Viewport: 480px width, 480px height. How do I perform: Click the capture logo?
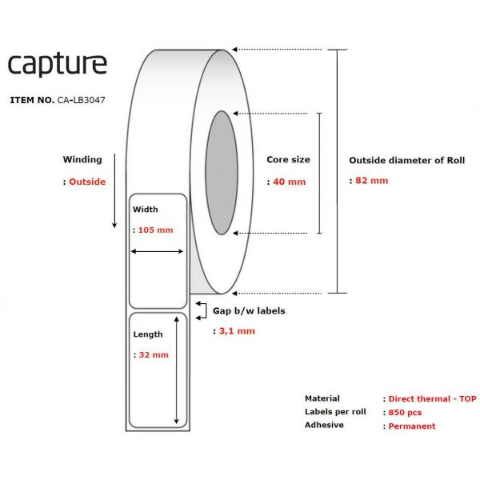pos(58,65)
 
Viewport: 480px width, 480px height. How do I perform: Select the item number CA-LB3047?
pos(81,100)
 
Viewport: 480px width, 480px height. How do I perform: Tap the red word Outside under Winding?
pos(87,182)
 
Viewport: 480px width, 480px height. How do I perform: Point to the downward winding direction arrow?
pos(114,190)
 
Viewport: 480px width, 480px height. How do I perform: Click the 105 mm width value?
pos(155,230)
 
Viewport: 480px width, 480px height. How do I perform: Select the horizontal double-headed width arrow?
pos(157,251)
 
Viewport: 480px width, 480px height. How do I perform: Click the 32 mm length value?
pos(154,354)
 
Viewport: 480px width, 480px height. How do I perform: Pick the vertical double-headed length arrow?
pos(176,370)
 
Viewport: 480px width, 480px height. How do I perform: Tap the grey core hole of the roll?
pos(222,173)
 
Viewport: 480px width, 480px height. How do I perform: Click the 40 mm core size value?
pos(290,182)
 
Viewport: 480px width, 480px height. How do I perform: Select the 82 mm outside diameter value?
pos(372,181)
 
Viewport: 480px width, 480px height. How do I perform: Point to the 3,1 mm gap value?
pos(237,331)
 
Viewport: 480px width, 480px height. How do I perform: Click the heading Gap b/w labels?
pos(249,310)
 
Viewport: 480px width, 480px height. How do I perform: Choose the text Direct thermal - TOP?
pos(432,399)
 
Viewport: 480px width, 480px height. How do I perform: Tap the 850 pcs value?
pos(405,413)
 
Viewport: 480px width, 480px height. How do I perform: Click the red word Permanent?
pos(412,426)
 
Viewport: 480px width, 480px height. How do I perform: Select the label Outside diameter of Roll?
pos(407,161)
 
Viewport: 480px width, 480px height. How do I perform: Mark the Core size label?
pos(288,159)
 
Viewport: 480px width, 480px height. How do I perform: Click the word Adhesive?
pos(324,425)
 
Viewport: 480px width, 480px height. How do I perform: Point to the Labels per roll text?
pos(335,412)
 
